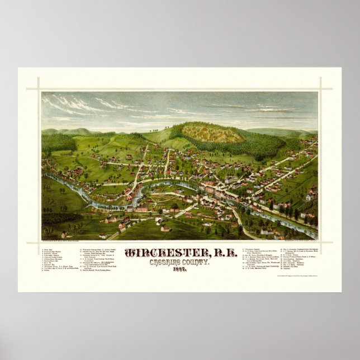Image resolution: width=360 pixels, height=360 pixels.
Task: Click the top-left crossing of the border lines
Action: tap(41, 88)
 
